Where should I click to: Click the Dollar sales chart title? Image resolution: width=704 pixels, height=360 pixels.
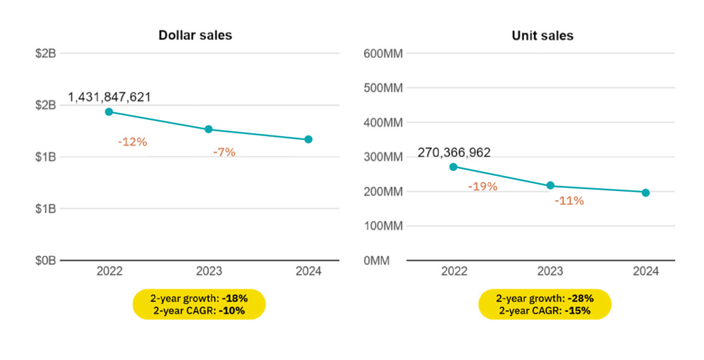[195, 35]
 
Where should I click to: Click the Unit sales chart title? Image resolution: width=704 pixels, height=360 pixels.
[542, 35]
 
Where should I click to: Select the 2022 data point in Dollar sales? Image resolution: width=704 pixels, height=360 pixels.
[109, 112]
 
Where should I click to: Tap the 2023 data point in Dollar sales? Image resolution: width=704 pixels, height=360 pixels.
[208, 129]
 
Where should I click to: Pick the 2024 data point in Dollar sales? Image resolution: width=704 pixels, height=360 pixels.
[309, 139]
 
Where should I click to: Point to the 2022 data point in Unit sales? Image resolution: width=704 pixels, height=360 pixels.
[453, 166]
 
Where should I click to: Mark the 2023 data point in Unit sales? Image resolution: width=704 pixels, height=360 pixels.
[550, 185]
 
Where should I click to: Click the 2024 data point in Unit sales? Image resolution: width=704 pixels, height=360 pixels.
[646, 192]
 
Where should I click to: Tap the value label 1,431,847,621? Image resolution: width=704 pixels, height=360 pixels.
[109, 97]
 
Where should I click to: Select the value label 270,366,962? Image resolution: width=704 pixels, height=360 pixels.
[454, 153]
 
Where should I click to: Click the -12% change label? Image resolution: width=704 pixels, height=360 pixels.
[132, 142]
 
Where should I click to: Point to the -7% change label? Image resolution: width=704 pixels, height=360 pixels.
[224, 153]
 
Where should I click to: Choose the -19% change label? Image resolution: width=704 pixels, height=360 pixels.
[482, 186]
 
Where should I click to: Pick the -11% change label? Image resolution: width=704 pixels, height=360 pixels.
[569, 201]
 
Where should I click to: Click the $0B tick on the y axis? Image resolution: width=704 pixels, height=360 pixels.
[45, 260]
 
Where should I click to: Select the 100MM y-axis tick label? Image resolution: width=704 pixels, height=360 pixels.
[384, 226]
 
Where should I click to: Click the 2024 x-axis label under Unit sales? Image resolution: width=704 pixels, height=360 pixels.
[646, 271]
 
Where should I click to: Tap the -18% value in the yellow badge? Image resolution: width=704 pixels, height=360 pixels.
[234, 299]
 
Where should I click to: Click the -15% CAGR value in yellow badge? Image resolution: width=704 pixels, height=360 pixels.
[579, 310]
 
